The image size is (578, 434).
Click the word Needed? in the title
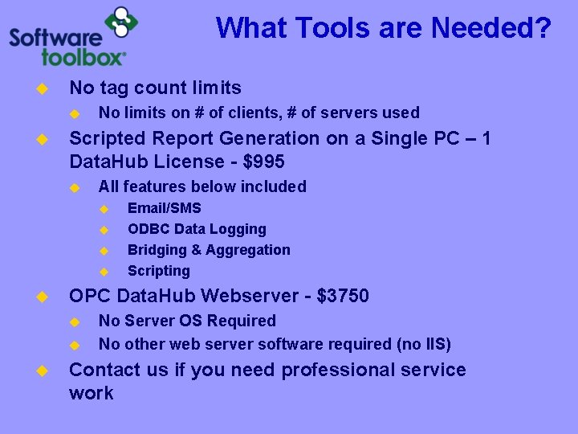(x=491, y=29)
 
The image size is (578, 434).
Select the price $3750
(x=343, y=296)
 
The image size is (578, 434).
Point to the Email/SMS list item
(x=165, y=208)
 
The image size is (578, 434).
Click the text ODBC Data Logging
(x=197, y=229)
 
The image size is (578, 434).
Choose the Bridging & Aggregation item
(x=209, y=250)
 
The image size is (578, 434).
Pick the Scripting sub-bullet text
(x=159, y=271)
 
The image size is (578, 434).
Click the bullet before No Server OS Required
(x=75, y=321)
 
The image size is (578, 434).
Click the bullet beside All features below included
(x=75, y=187)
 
